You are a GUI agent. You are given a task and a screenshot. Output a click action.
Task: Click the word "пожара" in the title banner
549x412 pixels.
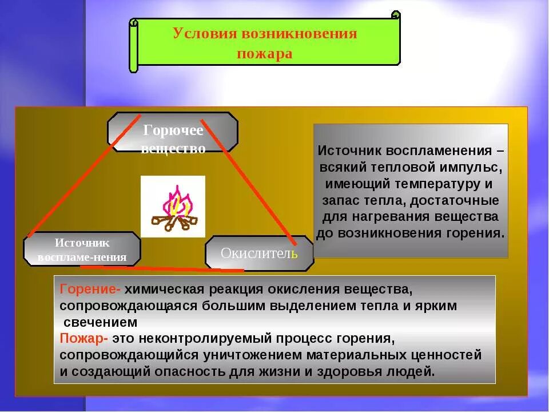click(265, 54)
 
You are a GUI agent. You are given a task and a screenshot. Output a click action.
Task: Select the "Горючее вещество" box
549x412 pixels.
click(173, 132)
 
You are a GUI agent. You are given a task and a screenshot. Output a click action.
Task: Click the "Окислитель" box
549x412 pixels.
click(259, 253)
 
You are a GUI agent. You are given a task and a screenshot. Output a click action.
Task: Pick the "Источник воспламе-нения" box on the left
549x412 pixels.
click(82, 249)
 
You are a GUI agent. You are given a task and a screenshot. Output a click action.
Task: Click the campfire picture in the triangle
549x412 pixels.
click(173, 207)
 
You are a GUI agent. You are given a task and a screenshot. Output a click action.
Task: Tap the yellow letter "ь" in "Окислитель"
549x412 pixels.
click(295, 253)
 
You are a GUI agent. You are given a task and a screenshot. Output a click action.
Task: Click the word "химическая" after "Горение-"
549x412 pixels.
click(161, 289)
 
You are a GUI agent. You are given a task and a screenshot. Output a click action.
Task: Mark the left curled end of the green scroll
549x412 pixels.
click(134, 46)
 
